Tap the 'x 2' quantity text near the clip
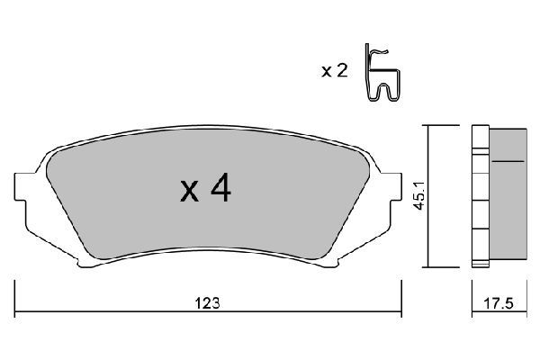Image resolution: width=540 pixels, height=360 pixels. point(334,71)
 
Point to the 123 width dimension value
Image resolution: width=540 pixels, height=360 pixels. point(209,303)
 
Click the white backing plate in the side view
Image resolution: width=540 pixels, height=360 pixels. point(479,196)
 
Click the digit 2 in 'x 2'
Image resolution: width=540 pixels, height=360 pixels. point(342,71)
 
